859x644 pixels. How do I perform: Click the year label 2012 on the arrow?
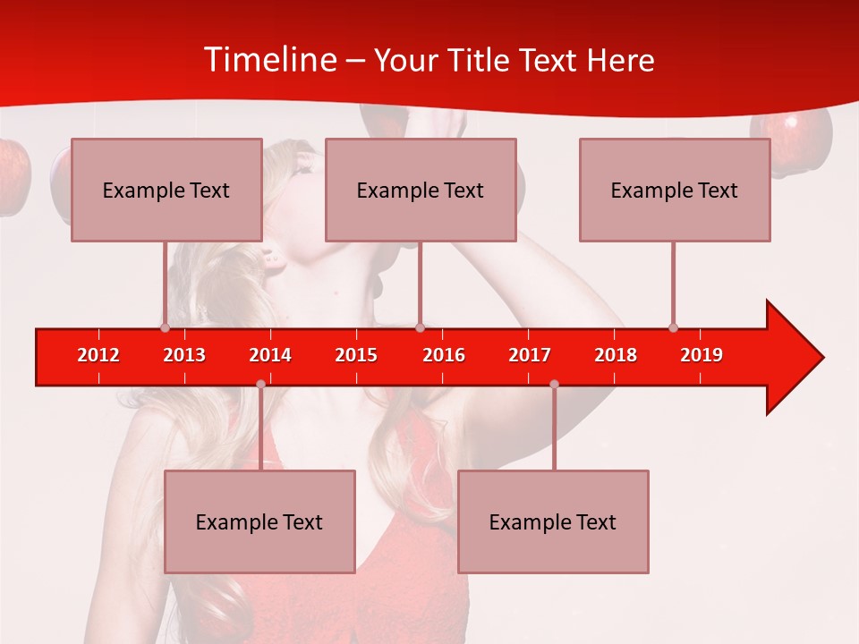(x=98, y=355)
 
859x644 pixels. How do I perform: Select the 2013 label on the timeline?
(x=184, y=355)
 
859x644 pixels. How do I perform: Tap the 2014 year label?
(x=270, y=355)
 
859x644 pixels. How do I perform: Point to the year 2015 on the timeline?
(x=356, y=355)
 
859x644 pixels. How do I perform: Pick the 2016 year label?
(x=444, y=355)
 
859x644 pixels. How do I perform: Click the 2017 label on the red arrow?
(x=530, y=355)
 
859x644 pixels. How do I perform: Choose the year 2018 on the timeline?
(x=616, y=355)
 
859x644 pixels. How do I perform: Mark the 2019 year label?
(x=702, y=355)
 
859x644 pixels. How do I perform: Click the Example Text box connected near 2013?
(x=166, y=190)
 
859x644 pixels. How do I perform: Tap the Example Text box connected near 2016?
(x=421, y=190)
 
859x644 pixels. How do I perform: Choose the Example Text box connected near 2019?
(x=675, y=190)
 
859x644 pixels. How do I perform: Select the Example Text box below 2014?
(x=259, y=521)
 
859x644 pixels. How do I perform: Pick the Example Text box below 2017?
(x=553, y=521)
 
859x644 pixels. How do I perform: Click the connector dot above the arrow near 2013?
(x=165, y=327)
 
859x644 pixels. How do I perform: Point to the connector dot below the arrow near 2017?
(x=554, y=385)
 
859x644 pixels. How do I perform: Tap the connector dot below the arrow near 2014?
(x=260, y=385)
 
